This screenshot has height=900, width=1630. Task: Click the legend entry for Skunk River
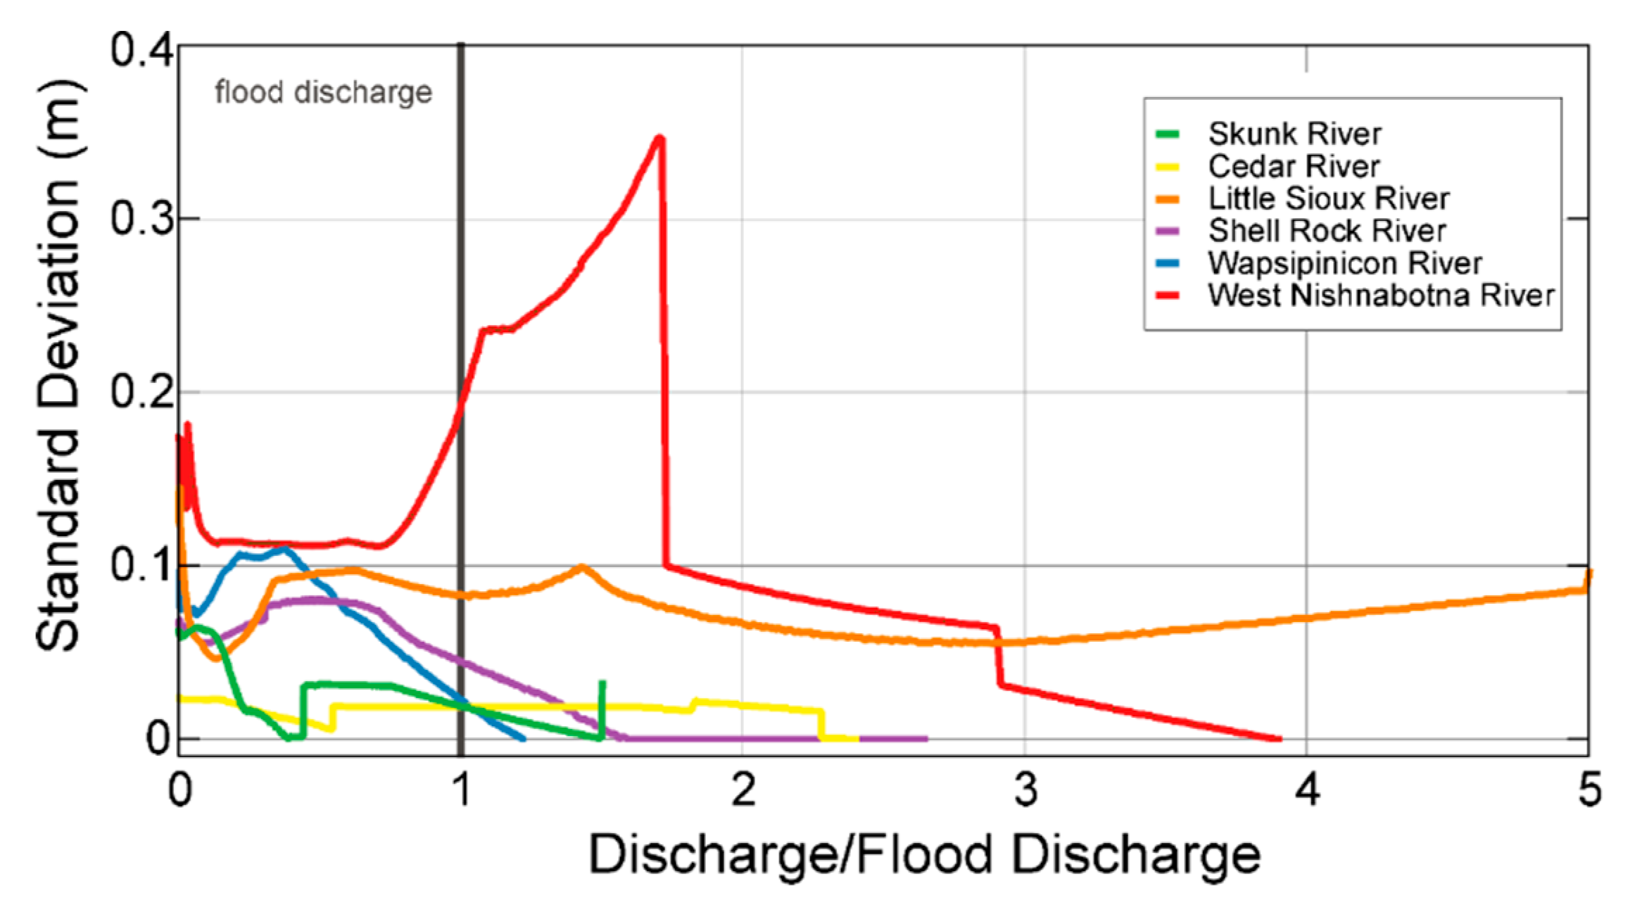(1294, 134)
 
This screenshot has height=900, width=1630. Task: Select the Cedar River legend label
(1293, 166)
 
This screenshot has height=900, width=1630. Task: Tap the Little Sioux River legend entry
(1328, 198)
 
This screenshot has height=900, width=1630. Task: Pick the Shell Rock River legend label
(1327, 231)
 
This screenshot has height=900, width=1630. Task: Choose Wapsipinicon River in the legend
(1344, 263)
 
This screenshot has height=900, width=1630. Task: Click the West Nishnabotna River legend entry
(1380, 296)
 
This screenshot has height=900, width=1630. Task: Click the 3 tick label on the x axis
(1025, 790)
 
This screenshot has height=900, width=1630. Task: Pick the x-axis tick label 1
(461, 790)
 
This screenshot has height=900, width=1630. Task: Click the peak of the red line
(659, 138)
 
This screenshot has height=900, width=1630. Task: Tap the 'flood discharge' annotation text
(323, 92)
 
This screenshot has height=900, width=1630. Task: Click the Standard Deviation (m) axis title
(60, 366)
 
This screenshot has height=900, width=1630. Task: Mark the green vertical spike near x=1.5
(602, 707)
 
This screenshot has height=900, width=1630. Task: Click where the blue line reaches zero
(523, 739)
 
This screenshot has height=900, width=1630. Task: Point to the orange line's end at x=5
(1588, 576)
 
